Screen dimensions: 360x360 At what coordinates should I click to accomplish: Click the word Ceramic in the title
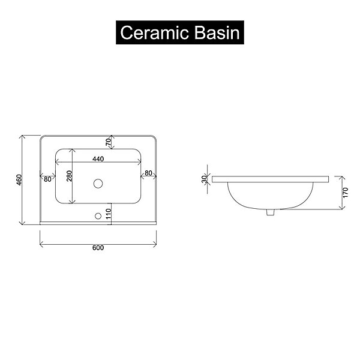point(155,32)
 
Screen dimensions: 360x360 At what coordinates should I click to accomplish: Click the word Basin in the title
point(217,32)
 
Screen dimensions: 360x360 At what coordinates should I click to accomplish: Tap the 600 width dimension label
point(98,248)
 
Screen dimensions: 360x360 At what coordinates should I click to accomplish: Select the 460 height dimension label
point(19,180)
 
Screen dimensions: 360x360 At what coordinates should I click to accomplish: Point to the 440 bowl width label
point(98,159)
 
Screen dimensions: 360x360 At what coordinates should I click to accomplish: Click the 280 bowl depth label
point(70,176)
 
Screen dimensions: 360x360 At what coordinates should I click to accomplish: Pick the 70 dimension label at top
point(109,142)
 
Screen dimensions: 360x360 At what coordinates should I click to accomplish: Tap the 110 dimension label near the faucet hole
point(109,214)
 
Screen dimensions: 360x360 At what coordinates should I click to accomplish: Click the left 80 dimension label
point(47,179)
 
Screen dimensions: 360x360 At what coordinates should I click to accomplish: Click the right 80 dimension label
point(149,173)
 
